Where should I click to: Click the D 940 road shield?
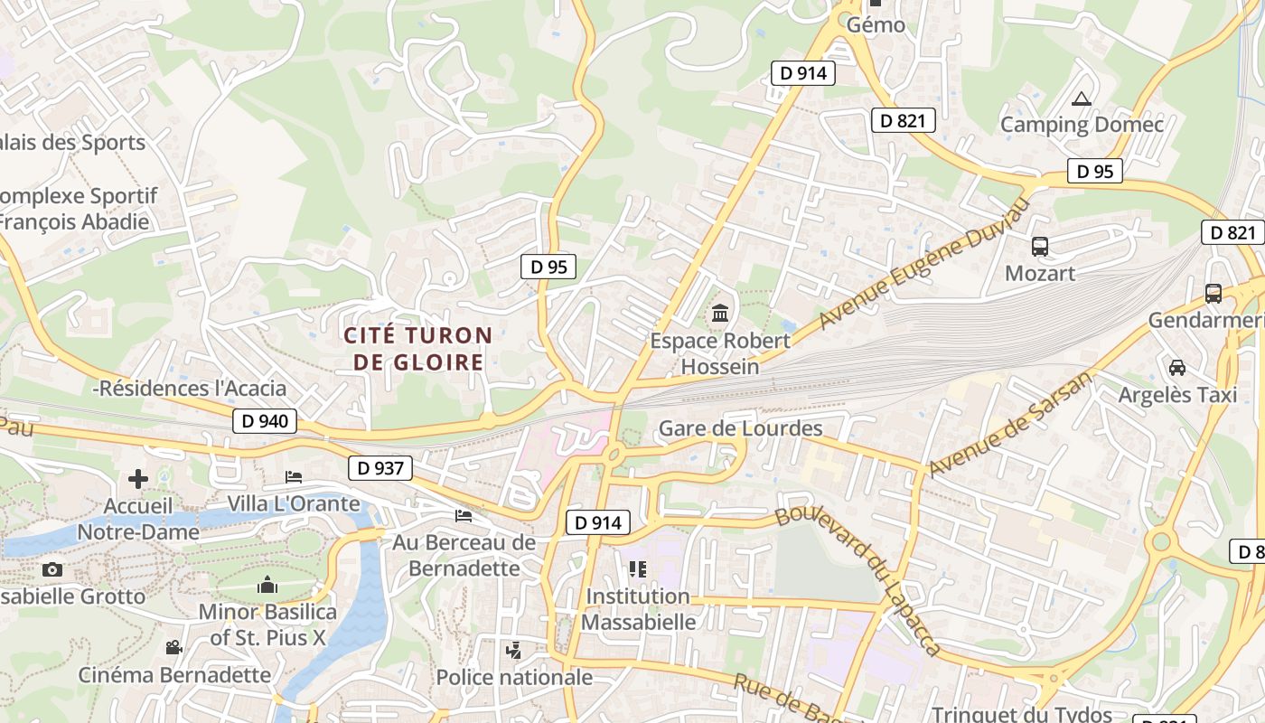point(266,420)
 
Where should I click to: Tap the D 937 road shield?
point(380,467)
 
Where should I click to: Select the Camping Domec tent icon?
point(1082,99)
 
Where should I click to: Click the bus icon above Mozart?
point(1040,246)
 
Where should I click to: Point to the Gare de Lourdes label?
point(741,428)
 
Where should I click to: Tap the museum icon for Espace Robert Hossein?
point(720,314)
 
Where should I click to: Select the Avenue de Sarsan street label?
point(1009,424)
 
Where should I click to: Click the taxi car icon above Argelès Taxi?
point(1177,368)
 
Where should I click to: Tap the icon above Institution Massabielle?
point(638,569)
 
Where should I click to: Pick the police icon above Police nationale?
point(514,650)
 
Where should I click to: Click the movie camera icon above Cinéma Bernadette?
point(173,647)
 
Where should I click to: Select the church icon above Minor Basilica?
point(267,586)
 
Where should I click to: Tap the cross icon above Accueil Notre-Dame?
point(138,478)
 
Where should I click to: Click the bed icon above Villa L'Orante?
point(294,476)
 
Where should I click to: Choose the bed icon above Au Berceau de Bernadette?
point(464,515)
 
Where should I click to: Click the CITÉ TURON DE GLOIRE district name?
point(418,349)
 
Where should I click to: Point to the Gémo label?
point(876,24)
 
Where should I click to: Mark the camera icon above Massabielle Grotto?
point(52,569)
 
